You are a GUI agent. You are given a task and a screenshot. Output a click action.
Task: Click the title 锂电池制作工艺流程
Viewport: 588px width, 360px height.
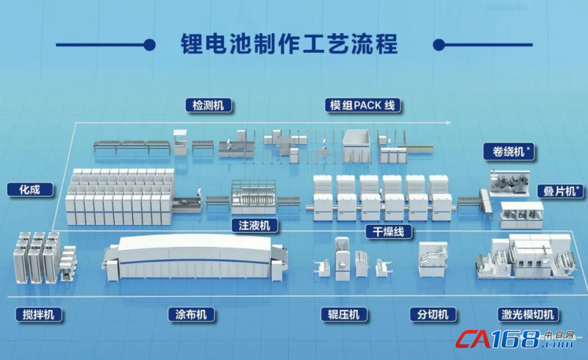point(289,44)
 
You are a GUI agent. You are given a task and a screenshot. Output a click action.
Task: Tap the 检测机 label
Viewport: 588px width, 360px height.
point(209,105)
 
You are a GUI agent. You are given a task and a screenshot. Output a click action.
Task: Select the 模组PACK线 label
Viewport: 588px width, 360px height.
point(362,105)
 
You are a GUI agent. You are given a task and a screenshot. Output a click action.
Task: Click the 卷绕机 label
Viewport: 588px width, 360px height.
point(509,151)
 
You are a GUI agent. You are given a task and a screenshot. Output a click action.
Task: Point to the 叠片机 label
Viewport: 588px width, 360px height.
point(560,191)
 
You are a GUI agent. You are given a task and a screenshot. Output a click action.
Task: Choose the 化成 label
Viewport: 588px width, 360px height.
point(29,190)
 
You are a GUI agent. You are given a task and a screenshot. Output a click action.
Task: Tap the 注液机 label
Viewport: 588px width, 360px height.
point(254,226)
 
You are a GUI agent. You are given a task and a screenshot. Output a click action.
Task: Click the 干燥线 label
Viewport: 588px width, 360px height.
point(389,231)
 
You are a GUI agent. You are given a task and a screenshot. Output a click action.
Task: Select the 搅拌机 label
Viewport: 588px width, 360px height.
point(38,314)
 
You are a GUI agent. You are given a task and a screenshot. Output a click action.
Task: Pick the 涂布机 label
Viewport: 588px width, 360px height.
point(191,314)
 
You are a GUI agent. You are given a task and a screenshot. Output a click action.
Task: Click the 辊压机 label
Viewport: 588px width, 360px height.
point(344,314)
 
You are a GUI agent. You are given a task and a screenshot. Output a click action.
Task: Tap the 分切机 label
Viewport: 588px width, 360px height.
point(433,314)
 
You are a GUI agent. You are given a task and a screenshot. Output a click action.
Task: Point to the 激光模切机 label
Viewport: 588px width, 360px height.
point(528,314)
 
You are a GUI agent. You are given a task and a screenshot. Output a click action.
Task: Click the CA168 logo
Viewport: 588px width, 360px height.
point(514,339)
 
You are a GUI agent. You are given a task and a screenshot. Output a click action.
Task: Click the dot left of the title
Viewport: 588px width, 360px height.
point(150,45)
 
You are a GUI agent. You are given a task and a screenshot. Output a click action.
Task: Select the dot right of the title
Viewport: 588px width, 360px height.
point(439,45)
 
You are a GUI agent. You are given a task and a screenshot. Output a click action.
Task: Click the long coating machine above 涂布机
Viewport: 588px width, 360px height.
point(195,259)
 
